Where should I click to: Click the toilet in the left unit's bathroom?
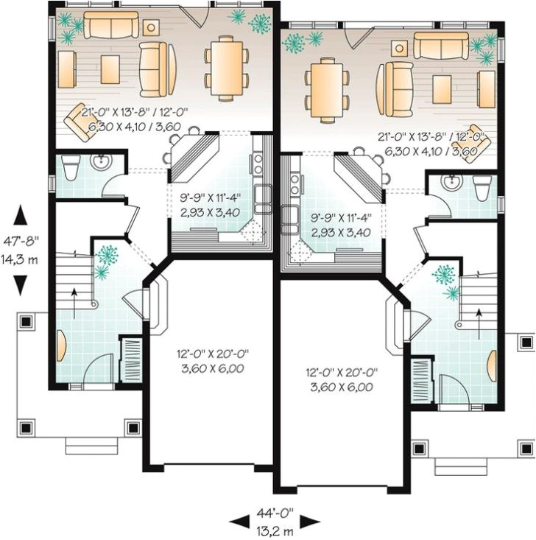point(71,169)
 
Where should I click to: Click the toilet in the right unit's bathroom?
point(483,189)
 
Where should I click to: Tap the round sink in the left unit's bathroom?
point(99,163)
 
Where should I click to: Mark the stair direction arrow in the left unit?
point(74,292)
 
